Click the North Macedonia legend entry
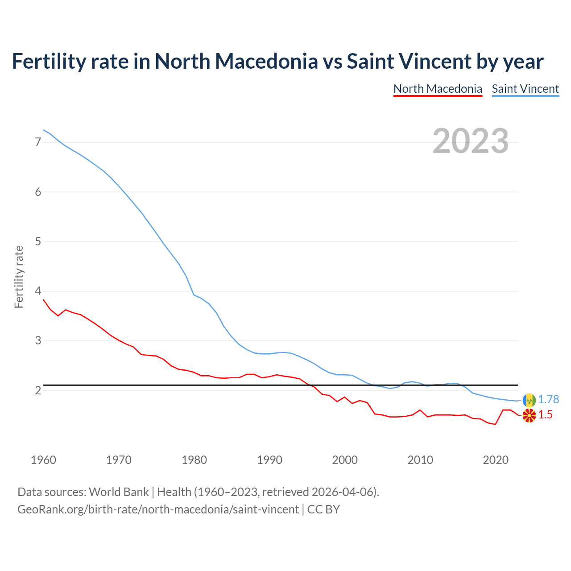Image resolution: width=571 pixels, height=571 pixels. point(438,89)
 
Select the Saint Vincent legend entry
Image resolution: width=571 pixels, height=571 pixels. point(525,89)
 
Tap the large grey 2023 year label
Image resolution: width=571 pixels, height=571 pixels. point(471,141)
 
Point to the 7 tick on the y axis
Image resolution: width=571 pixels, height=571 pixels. point(38,142)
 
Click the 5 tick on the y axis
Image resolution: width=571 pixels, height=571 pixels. point(38,241)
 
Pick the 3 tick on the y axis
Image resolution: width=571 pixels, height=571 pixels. point(38,341)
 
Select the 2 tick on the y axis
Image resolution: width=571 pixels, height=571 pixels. point(38,390)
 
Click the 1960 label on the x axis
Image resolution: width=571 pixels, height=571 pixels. point(43,460)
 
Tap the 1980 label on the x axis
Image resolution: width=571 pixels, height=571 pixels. point(194,460)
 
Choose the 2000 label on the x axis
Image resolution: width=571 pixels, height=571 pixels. point(345,460)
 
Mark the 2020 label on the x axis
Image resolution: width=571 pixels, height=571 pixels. point(496,460)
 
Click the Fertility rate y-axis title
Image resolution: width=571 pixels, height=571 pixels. point(19,277)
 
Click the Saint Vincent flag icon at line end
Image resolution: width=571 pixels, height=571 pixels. point(529,400)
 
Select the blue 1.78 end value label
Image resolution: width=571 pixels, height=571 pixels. point(548,400)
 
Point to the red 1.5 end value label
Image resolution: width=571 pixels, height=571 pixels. point(545,415)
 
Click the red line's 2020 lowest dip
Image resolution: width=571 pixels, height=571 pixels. point(495,424)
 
